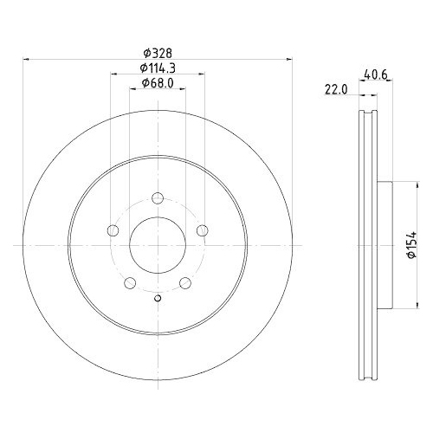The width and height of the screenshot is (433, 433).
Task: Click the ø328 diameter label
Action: [157, 52]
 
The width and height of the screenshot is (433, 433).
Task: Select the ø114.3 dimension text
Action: [157, 68]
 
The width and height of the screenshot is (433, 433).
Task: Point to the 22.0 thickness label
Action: [335, 88]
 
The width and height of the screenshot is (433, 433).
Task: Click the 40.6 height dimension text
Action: [373, 74]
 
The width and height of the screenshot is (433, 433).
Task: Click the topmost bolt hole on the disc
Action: [157, 199]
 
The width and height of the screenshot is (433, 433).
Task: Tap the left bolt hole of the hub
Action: [113, 230]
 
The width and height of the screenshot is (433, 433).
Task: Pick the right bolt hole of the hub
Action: [202, 230]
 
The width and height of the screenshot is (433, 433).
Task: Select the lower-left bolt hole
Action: [129, 282]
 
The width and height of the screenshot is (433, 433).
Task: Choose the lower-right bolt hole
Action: [184, 282]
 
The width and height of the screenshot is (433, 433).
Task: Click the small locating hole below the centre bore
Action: [157, 300]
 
